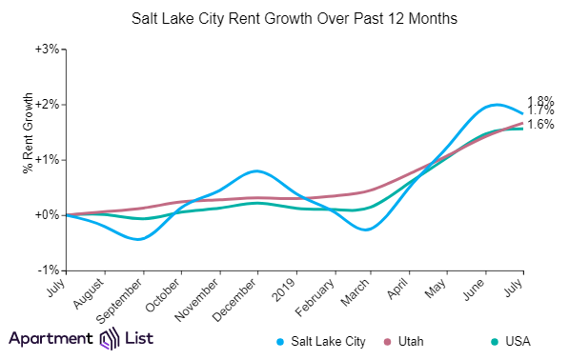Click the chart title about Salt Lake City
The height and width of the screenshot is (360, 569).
(284, 18)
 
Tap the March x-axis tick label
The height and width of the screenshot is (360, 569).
(357, 290)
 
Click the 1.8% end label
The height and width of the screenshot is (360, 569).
(540, 100)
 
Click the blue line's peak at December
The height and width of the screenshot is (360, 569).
(254, 170)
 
